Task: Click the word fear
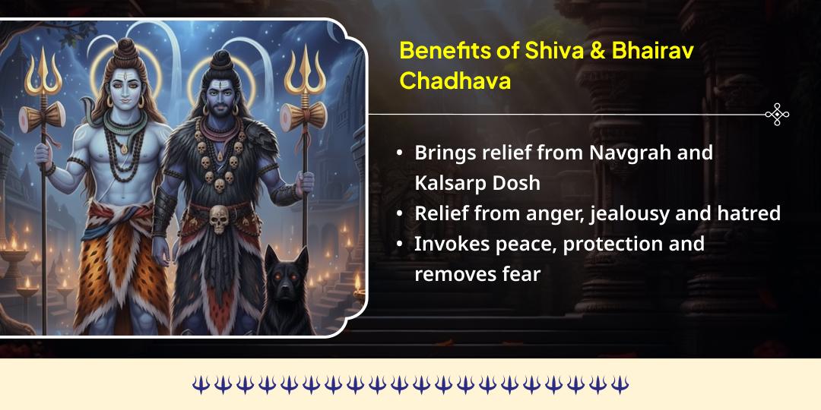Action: (521, 274)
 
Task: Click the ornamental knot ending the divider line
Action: (776, 115)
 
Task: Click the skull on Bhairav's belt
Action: (219, 219)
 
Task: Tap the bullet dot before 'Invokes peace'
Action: (400, 244)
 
